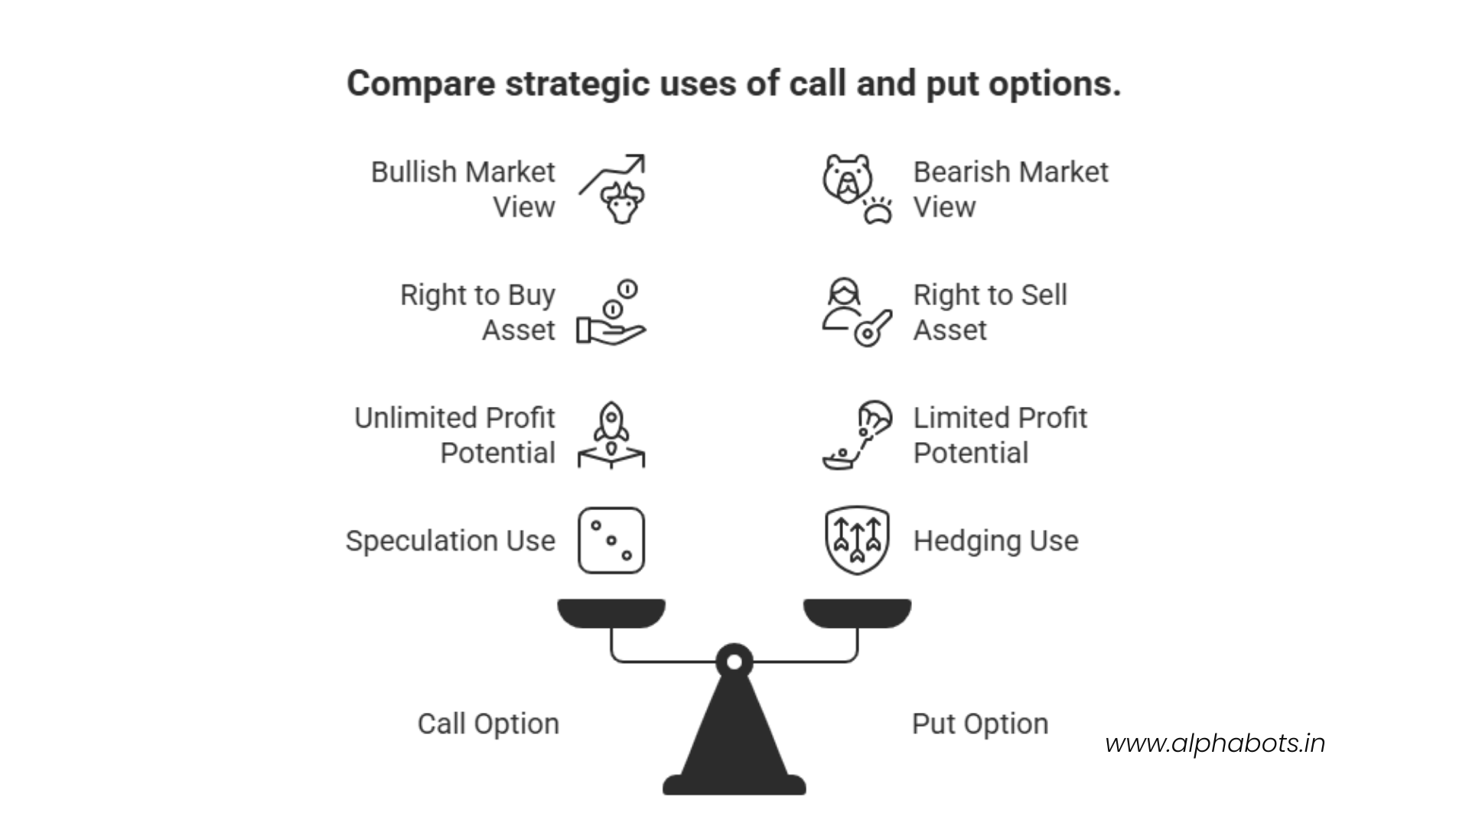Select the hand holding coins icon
611,313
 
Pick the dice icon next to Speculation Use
611,541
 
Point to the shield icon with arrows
857,540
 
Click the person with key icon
856,313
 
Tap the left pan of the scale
611,613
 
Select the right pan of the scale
857,613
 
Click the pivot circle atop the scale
734,662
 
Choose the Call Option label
488,724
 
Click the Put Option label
979,724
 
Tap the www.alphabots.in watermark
1215,743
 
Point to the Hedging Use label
995,541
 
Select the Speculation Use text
450,541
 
